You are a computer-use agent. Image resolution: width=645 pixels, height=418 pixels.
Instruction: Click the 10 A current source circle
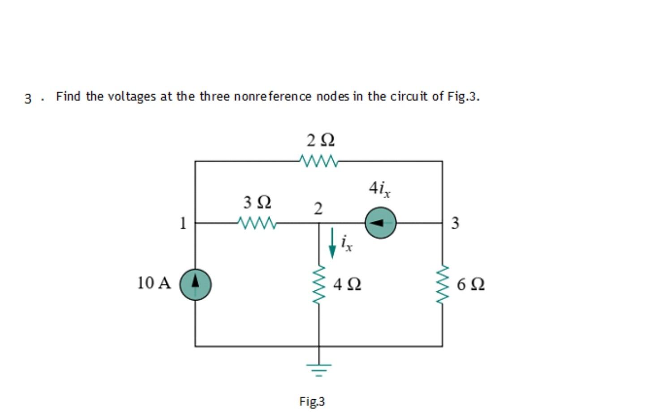click(x=195, y=284)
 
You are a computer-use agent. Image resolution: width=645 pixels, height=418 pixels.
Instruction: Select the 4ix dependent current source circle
click(x=381, y=223)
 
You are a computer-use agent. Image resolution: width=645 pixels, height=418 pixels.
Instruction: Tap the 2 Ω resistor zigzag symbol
click(x=318, y=160)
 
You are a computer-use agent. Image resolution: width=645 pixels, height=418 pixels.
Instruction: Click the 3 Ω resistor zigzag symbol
click(x=257, y=222)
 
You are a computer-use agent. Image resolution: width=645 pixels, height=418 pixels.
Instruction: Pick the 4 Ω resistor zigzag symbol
click(x=319, y=284)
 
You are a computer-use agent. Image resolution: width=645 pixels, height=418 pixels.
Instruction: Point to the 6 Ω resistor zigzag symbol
click(x=443, y=284)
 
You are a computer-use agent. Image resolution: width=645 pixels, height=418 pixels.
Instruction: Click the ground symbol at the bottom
click(x=319, y=369)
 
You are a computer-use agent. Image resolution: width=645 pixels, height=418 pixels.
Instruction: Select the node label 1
click(x=182, y=223)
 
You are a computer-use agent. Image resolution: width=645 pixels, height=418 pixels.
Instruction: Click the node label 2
click(x=318, y=209)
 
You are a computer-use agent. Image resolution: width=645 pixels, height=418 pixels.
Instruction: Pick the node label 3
click(x=455, y=223)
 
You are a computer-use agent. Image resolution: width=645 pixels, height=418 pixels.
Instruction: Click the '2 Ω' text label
click(x=321, y=140)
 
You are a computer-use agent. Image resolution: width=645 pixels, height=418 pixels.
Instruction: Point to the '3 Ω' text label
click(x=257, y=203)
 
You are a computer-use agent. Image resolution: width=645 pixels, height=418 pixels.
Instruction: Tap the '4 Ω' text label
click(x=347, y=284)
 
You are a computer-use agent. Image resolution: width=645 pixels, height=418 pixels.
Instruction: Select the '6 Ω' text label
click(x=471, y=284)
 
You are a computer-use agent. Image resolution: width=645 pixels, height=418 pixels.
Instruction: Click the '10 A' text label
click(x=154, y=283)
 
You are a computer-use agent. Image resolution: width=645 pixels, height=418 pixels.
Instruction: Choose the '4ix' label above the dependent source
click(x=379, y=189)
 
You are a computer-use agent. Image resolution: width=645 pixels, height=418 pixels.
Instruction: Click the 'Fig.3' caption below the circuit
click(x=312, y=401)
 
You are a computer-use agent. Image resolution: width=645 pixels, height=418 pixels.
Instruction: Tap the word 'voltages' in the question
click(x=132, y=97)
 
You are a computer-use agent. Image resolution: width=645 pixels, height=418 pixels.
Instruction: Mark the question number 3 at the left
click(x=28, y=98)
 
